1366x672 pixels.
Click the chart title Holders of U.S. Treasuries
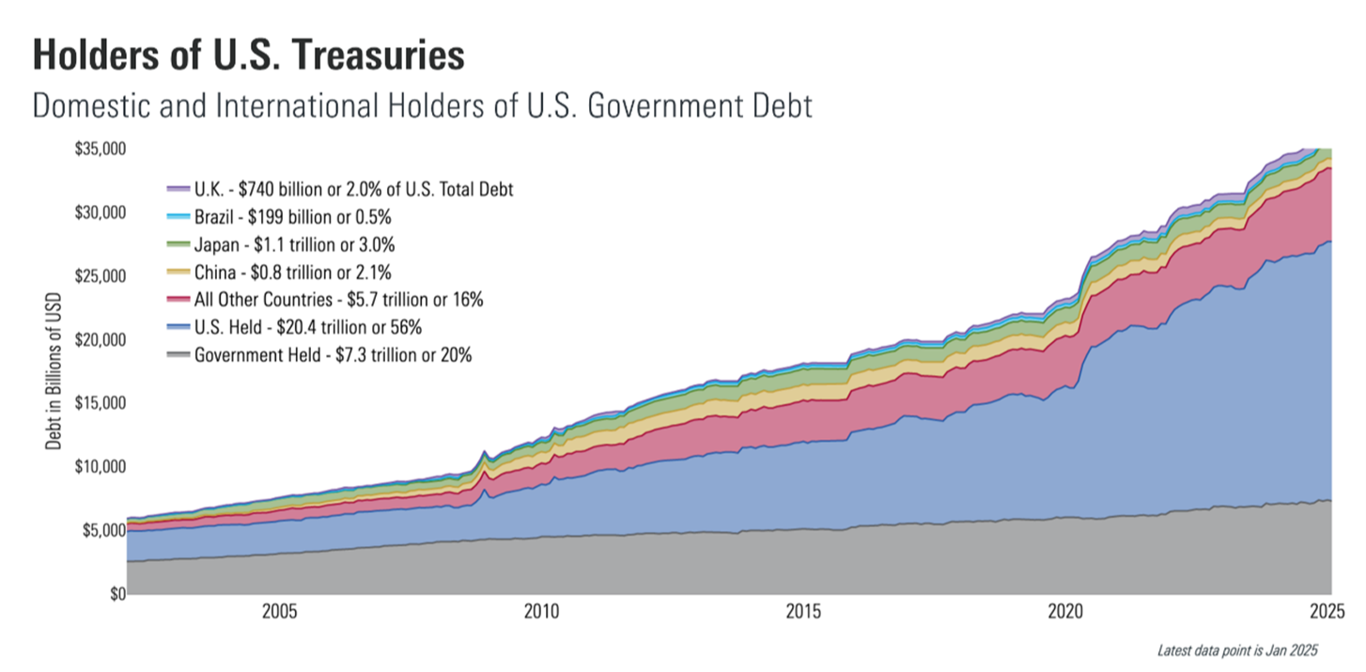(x=248, y=56)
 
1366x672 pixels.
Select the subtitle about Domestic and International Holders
(x=422, y=104)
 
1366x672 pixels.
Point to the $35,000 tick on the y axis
(x=99, y=149)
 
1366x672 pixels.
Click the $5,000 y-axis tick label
(x=101, y=531)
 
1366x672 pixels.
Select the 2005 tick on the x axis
(x=279, y=613)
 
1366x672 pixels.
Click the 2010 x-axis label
(x=541, y=613)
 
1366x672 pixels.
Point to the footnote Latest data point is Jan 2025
(x=1237, y=650)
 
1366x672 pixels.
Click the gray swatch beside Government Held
(x=178, y=355)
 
